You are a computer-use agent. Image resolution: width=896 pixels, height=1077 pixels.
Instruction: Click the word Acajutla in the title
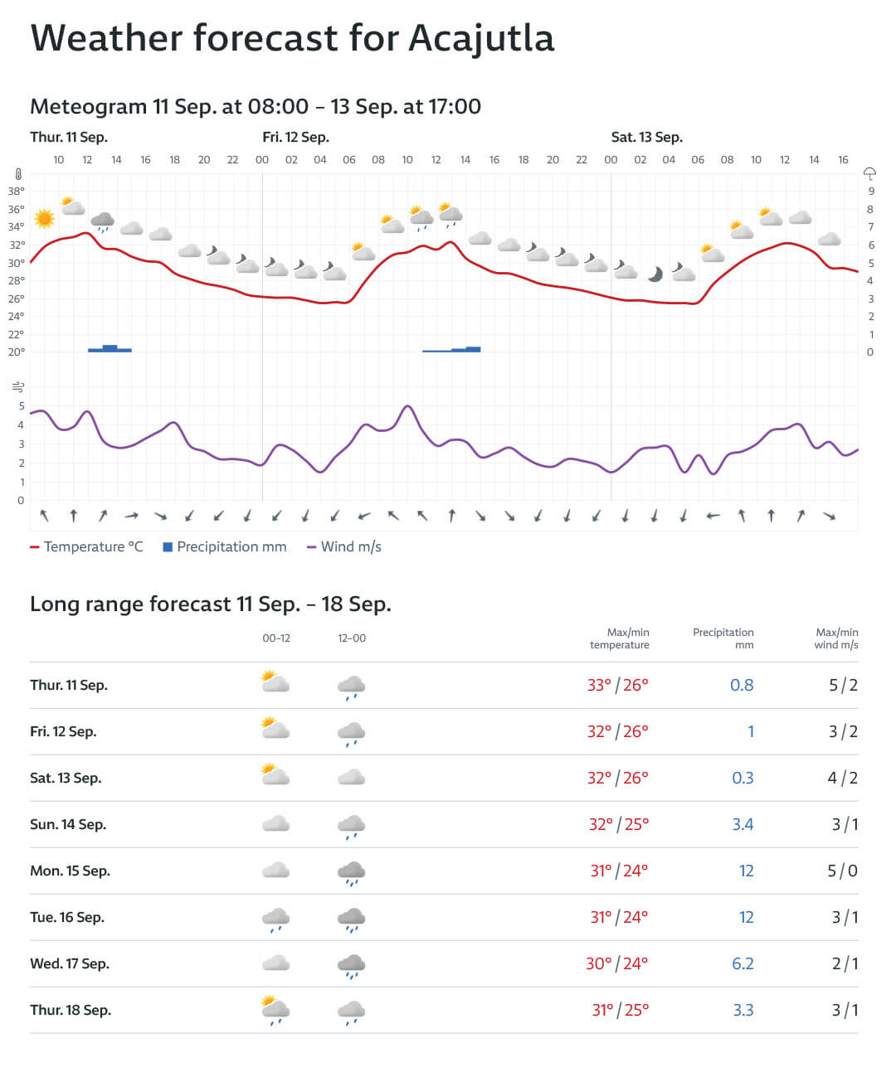tap(481, 38)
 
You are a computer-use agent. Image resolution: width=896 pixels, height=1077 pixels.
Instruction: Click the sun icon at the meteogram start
tap(44, 219)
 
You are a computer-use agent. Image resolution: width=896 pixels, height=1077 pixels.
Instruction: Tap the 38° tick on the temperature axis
tap(17, 191)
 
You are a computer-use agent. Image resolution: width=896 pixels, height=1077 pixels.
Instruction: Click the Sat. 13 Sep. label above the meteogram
tap(646, 138)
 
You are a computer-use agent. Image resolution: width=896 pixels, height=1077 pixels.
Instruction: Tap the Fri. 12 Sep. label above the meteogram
tap(295, 138)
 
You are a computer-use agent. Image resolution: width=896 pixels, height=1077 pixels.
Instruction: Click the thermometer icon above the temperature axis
tap(17, 175)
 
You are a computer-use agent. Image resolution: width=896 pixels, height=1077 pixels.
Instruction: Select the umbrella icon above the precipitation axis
tap(869, 173)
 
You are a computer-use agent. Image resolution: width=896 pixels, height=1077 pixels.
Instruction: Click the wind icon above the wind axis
tap(18, 387)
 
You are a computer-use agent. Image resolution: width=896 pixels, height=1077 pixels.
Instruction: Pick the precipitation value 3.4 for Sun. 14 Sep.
tap(743, 825)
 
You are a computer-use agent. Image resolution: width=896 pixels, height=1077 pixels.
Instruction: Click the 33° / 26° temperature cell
tap(618, 686)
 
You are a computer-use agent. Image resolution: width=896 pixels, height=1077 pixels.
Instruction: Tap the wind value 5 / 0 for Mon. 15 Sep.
tap(842, 871)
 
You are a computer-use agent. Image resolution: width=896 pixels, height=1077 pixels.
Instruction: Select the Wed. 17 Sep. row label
tap(70, 964)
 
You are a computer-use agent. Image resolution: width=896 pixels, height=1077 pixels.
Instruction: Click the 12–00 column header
tap(352, 638)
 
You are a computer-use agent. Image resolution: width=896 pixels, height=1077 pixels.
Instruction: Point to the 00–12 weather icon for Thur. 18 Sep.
tap(275, 1010)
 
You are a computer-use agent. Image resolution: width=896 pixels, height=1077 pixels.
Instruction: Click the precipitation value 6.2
tap(743, 964)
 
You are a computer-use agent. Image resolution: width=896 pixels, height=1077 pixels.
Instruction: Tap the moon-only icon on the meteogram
tap(655, 274)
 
